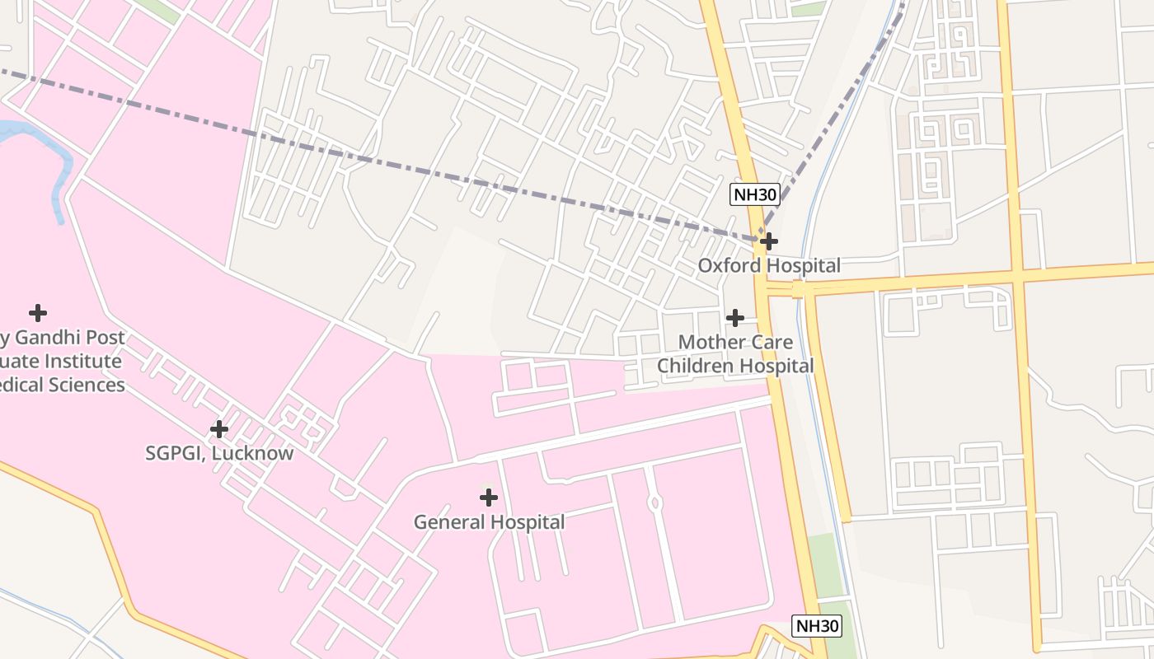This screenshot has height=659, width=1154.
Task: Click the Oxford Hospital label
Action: tap(769, 265)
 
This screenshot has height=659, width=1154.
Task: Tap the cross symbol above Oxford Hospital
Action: tap(769, 241)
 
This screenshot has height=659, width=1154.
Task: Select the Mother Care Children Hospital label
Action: tap(735, 353)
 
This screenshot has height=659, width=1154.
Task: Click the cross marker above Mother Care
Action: tap(735, 317)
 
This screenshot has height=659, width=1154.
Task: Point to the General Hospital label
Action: tap(489, 522)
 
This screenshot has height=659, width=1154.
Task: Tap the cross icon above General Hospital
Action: tap(489, 498)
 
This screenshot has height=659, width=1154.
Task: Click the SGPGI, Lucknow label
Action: tap(219, 453)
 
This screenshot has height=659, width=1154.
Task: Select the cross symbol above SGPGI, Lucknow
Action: tap(218, 429)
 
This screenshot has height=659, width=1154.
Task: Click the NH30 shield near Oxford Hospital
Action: tap(755, 195)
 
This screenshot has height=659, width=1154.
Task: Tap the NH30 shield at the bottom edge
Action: tap(818, 626)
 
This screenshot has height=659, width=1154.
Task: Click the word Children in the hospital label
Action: tap(696, 366)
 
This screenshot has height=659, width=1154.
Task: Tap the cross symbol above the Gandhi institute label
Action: tap(37, 313)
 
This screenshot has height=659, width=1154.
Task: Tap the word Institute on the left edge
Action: tap(83, 361)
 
